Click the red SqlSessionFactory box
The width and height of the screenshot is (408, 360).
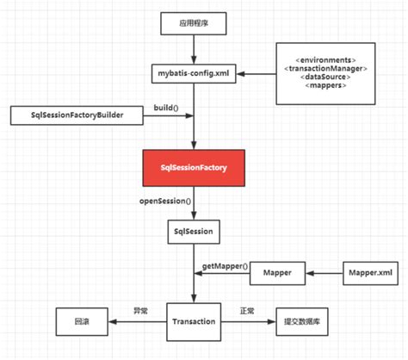click(x=197, y=169)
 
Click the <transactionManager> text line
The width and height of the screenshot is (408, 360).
click(x=325, y=68)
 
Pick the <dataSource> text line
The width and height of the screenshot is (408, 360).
click(x=325, y=77)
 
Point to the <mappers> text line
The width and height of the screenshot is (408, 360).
click(x=325, y=85)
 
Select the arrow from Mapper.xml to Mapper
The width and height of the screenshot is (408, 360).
click(x=328, y=274)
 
